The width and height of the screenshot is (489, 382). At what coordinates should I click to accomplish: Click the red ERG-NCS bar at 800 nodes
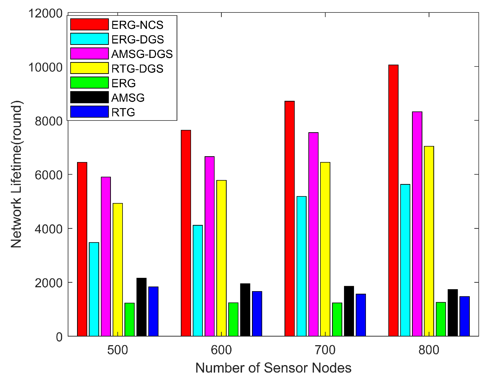click(x=393, y=201)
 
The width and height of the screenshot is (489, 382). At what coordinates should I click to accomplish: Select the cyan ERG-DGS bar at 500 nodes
click(x=94, y=289)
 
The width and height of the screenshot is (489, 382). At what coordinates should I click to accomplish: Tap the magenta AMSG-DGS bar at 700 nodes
click(x=314, y=234)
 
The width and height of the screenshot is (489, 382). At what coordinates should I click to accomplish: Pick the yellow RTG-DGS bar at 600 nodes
click(x=221, y=258)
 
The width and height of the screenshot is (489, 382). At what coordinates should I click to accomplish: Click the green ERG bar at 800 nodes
click(x=441, y=319)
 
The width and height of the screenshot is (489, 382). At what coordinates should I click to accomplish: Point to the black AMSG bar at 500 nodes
click(x=141, y=307)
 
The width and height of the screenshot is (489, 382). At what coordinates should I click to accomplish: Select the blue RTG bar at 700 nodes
click(x=361, y=315)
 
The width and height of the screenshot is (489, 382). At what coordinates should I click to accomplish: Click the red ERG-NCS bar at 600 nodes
click(x=186, y=233)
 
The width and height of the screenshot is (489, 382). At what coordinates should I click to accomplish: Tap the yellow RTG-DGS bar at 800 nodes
click(x=429, y=241)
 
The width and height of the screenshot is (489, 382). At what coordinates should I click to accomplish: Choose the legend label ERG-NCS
click(x=137, y=25)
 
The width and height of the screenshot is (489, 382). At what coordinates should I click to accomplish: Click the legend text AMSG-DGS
click(x=142, y=54)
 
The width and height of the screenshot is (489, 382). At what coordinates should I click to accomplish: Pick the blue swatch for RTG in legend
click(x=89, y=112)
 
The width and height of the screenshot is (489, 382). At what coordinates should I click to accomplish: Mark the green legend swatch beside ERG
click(x=89, y=83)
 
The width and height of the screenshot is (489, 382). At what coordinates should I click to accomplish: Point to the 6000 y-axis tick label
click(x=49, y=175)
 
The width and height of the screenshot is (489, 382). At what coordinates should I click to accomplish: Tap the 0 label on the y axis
click(x=59, y=337)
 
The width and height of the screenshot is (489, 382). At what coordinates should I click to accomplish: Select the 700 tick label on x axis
click(x=325, y=350)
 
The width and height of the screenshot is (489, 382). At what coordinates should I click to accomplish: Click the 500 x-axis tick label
click(x=118, y=350)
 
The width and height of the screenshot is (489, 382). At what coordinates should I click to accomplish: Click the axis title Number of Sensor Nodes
click(x=273, y=368)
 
